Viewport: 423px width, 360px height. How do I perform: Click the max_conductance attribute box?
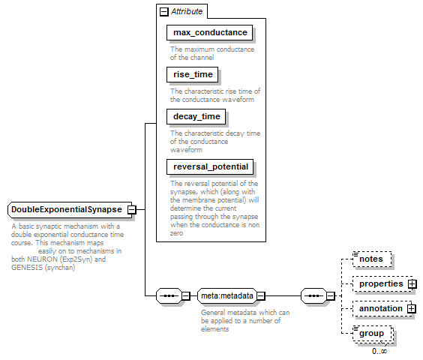pyautogui.click(x=209, y=33)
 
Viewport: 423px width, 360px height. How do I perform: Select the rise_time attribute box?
pyautogui.click(x=192, y=74)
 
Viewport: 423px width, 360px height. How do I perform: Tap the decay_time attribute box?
pyautogui.click(x=196, y=116)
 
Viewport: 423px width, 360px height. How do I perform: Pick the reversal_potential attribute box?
pyautogui.click(x=210, y=166)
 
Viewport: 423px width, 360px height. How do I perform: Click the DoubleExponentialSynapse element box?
pyautogui.click(x=70, y=210)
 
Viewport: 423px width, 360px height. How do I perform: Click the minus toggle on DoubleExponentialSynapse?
pyautogui.click(x=132, y=210)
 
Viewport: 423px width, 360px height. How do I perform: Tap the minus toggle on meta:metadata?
pyautogui.click(x=261, y=296)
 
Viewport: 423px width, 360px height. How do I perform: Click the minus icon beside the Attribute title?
pyautogui.click(x=164, y=12)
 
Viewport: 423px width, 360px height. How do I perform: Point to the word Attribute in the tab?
pyautogui.click(x=187, y=11)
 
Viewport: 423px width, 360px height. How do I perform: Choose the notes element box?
pyautogui.click(x=372, y=259)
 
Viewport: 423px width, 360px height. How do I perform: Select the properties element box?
pyautogui.click(x=382, y=284)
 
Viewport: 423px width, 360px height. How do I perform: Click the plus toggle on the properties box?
pyautogui.click(x=412, y=284)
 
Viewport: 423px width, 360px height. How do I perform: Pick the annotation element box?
pyautogui.click(x=382, y=309)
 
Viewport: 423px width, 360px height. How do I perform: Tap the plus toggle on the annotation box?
pyautogui.click(x=412, y=308)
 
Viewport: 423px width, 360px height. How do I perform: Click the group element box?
pyautogui.click(x=373, y=334)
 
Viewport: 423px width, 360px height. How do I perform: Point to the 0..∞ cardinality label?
pyautogui.click(x=379, y=351)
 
